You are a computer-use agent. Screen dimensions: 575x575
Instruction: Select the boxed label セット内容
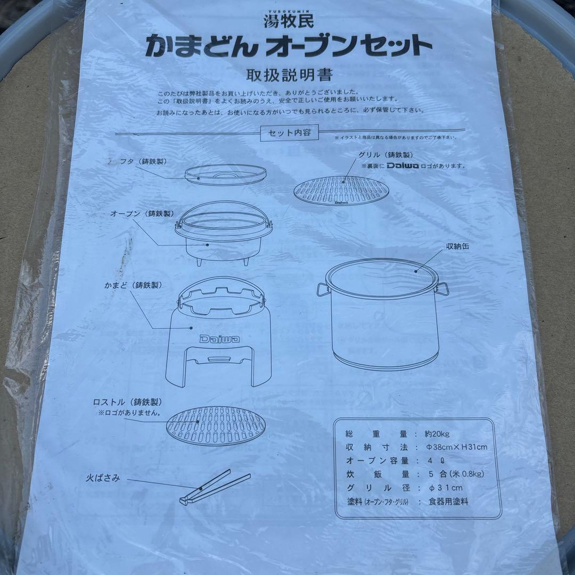pos(289,133)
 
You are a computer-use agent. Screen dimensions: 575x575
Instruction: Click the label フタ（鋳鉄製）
pos(139,161)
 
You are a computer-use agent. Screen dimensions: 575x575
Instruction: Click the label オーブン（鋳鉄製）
pos(142,213)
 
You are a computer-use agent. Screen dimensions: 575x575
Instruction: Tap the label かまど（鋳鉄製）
pos(133,285)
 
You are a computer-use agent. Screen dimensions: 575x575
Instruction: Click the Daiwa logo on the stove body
pos(219,339)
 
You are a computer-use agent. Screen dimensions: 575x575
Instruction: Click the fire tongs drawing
pos(213,486)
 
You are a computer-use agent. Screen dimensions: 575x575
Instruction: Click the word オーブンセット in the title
pos(349,46)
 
